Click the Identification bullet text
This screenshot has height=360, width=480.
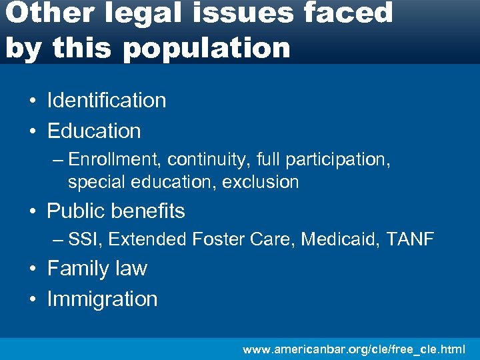click(x=107, y=101)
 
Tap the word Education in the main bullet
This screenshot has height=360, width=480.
click(x=94, y=131)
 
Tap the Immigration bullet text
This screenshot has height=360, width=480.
click(x=102, y=299)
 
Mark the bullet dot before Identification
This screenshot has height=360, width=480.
click(x=32, y=101)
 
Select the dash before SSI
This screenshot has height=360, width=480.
click(x=59, y=239)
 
